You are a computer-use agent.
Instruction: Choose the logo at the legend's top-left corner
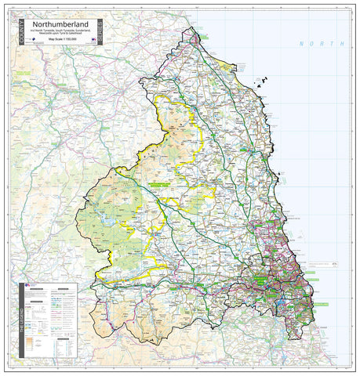(x=27, y=286)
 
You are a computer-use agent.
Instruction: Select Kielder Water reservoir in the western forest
(x=104, y=210)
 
